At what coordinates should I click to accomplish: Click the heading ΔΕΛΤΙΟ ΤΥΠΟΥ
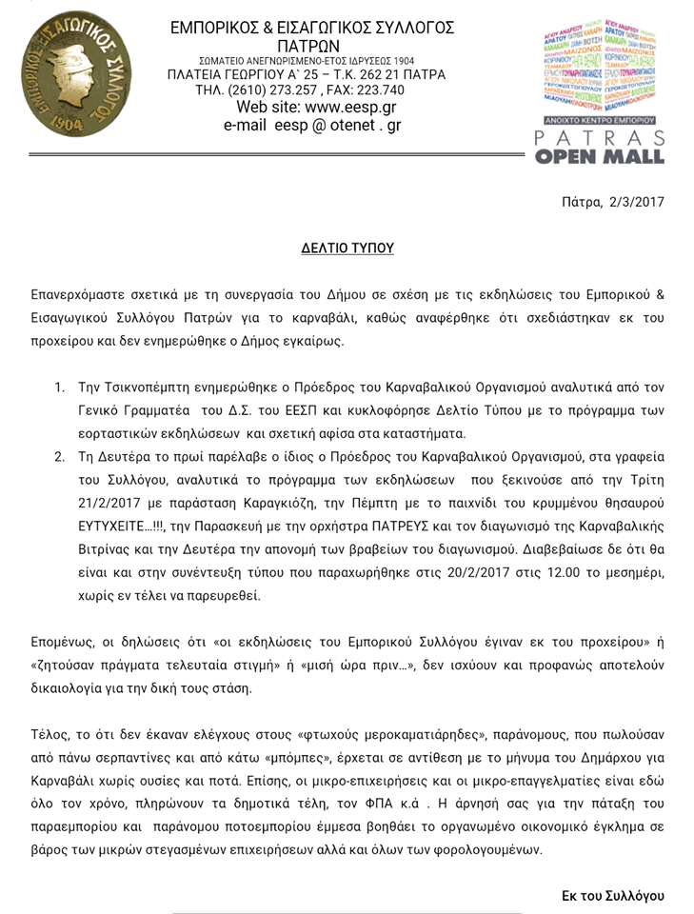tap(347, 248)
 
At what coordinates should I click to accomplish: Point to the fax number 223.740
tap(359, 90)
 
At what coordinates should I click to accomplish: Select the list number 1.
tap(59, 387)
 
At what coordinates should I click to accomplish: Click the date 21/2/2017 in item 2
tap(116, 502)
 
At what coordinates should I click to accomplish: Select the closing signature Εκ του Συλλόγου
tap(613, 896)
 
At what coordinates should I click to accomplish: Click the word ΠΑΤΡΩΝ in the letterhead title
tap(311, 45)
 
